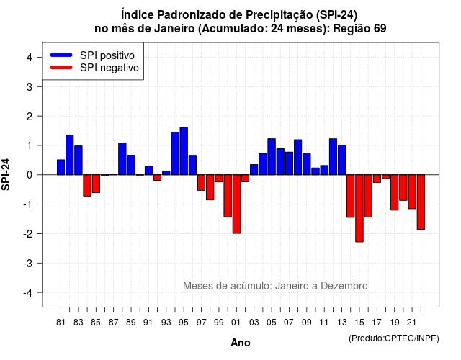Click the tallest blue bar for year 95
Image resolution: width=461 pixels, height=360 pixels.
click(184, 151)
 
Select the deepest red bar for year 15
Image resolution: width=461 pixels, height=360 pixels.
click(359, 208)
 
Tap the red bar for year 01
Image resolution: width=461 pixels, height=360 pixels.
click(236, 204)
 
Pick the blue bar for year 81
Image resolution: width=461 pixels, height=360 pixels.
click(61, 167)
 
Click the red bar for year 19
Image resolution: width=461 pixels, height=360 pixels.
click(395, 192)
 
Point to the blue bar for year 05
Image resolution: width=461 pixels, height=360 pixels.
click(272, 157)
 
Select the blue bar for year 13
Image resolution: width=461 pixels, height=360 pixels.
click(342, 160)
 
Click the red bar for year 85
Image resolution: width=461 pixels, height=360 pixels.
click(96, 184)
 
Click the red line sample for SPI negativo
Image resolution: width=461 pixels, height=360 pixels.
click(61, 67)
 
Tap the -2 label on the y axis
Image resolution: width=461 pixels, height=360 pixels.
click(28, 233)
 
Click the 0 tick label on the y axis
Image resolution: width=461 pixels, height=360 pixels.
click(30, 175)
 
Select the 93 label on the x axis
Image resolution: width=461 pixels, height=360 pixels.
click(166, 323)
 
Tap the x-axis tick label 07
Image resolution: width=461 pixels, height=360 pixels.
click(289, 323)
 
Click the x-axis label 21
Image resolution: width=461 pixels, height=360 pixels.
click(411, 323)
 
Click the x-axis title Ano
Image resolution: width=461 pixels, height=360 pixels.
click(241, 343)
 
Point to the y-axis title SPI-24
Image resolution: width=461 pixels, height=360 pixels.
click(6, 174)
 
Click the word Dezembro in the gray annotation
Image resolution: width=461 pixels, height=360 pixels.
click(344, 286)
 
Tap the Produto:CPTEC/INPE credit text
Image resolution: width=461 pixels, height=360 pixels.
click(394, 338)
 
